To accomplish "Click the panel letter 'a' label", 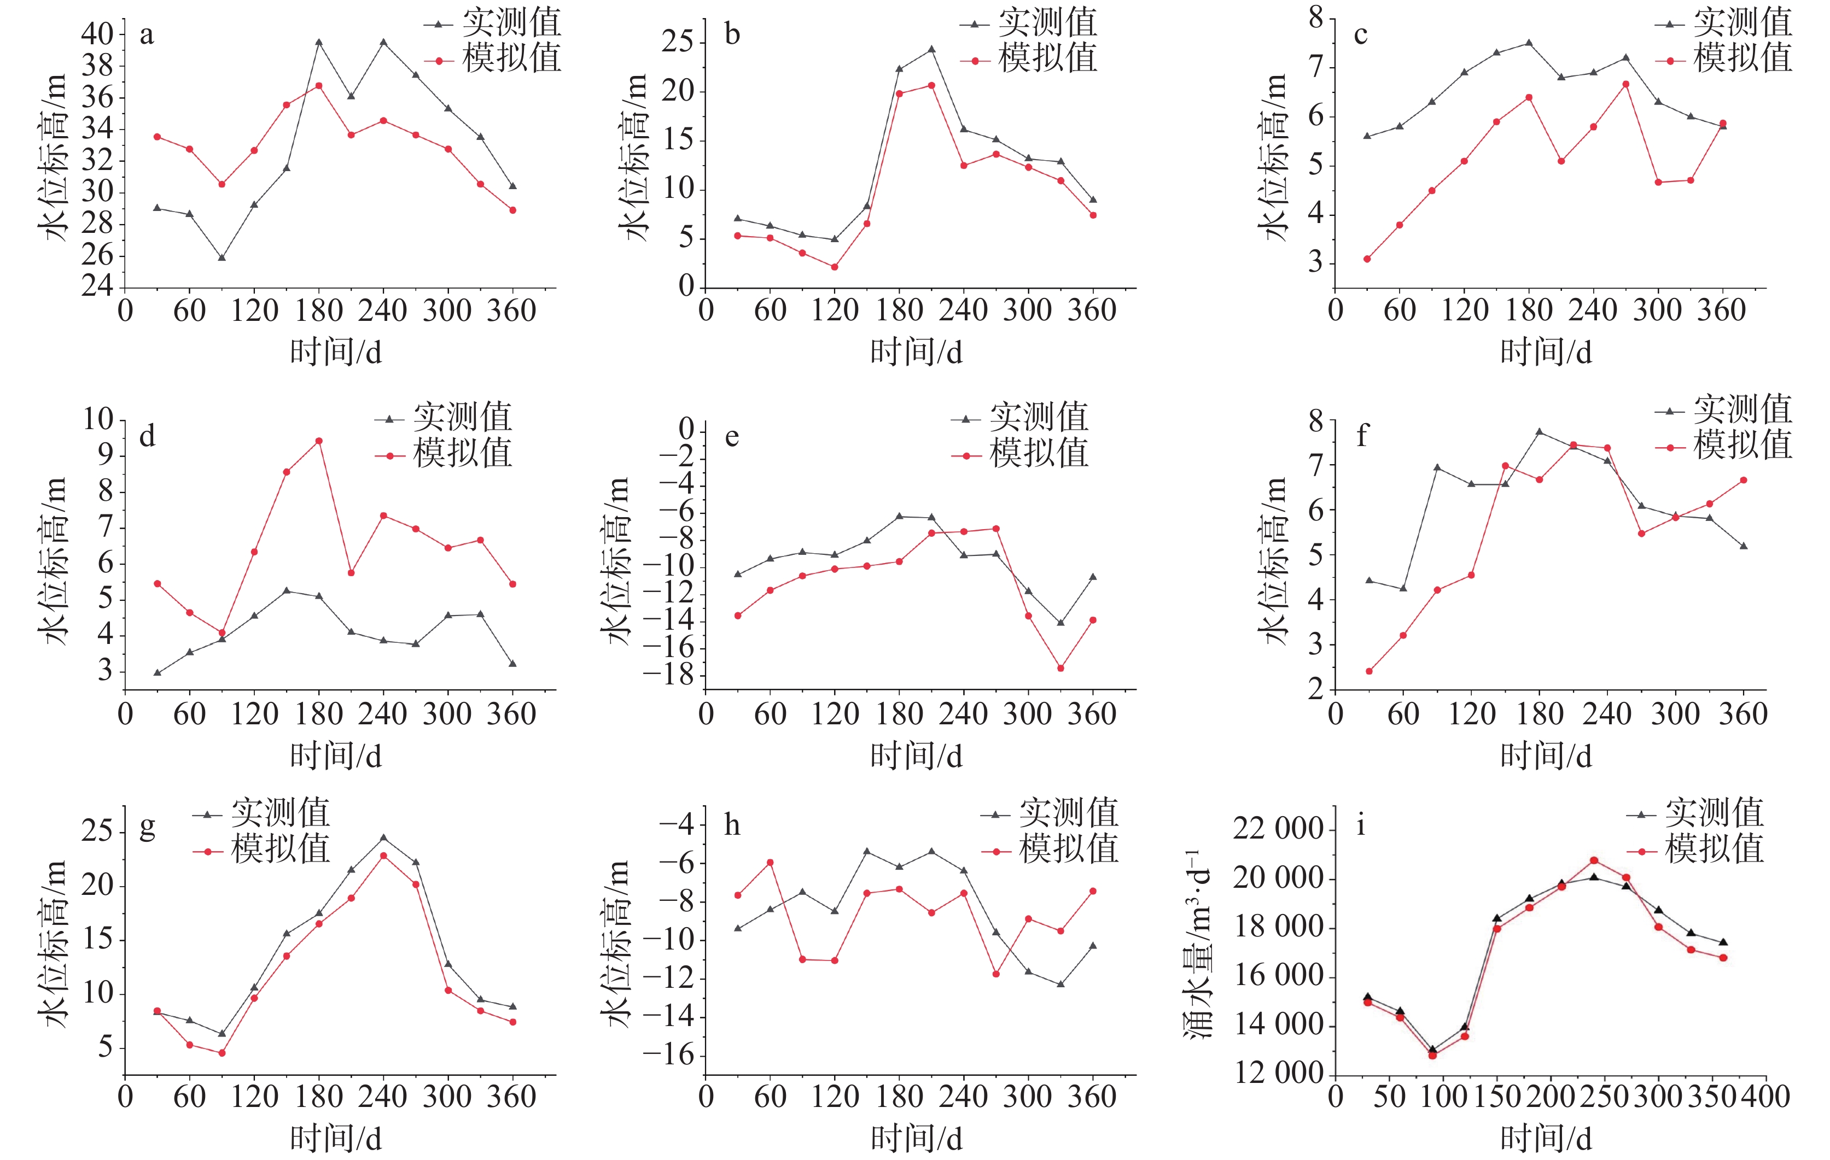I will [x=147, y=35].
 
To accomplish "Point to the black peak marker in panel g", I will [x=383, y=838].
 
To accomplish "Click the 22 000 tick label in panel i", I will [x=1278, y=828].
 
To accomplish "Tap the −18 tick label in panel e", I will [x=668, y=675].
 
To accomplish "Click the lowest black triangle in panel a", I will [x=222, y=257].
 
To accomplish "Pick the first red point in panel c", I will [x=1367, y=259].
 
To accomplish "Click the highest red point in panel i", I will [x=1594, y=860].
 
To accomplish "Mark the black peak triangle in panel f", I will [x=1540, y=431].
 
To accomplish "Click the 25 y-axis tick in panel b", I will [x=678, y=41].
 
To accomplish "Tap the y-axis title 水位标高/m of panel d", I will [x=53, y=561].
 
